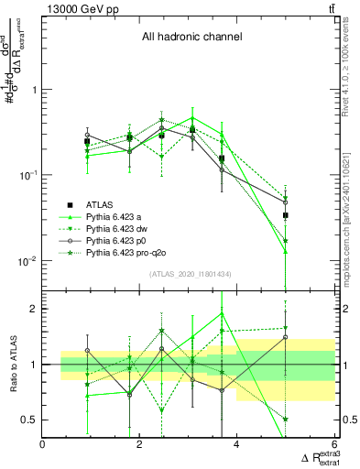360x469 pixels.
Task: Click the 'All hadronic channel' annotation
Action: pos(191,38)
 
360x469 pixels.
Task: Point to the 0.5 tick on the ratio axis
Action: pos(29,420)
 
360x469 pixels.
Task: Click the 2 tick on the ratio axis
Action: pos(33,309)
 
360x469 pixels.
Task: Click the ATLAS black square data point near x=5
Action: pos(286,215)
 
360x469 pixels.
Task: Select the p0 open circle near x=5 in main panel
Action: pos(286,202)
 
